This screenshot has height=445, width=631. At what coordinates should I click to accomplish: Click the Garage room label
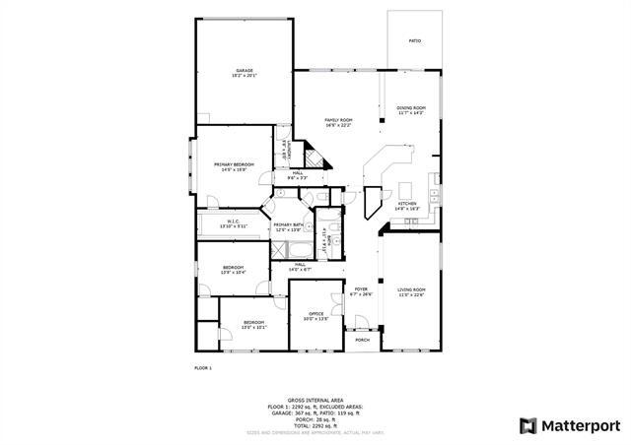coord(244,71)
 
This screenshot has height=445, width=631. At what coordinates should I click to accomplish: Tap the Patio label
coord(415,41)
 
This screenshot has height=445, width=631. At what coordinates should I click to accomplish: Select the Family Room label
coord(338,121)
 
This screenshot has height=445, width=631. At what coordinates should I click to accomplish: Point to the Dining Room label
coord(411,108)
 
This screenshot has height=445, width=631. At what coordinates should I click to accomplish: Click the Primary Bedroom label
coord(235,164)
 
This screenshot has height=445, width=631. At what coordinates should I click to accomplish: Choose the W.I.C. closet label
coord(234,222)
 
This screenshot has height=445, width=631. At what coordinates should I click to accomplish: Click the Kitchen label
coord(407,205)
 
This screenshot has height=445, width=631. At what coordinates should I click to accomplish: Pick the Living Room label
coord(411,290)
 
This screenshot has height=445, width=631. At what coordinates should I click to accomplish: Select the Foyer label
coord(361,290)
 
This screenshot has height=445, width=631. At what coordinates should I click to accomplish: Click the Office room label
coord(315,315)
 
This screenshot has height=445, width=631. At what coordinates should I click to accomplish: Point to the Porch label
coord(363,340)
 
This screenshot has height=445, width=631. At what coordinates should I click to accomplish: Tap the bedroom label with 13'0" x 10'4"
coord(233,269)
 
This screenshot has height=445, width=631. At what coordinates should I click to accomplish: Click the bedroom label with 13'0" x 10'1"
coord(254,324)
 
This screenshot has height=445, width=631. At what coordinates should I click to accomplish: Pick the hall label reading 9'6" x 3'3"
coord(298,174)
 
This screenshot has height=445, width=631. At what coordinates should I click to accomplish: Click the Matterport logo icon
coord(527,425)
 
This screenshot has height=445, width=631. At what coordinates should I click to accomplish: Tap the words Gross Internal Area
coord(315,400)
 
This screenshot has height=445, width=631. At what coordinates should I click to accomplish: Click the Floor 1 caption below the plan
coord(202,367)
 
